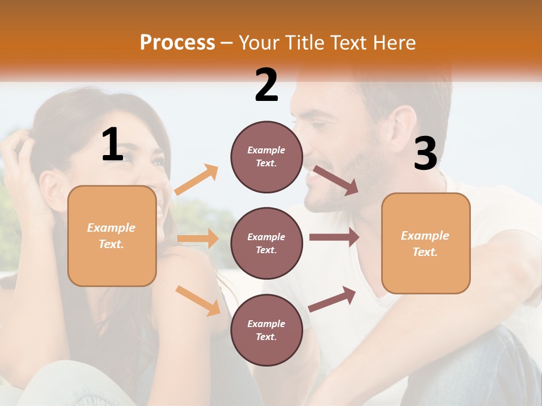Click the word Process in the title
click(x=177, y=43)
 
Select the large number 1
click(x=112, y=145)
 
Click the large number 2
click(x=266, y=86)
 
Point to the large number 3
click(x=426, y=155)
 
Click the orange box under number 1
click(x=112, y=236)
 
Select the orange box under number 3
click(x=426, y=243)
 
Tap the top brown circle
click(x=266, y=157)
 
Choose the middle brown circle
click(x=266, y=243)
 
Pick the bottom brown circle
click(x=266, y=330)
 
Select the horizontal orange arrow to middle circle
click(x=198, y=239)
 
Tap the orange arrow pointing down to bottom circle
click(x=198, y=301)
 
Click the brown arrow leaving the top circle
click(x=336, y=180)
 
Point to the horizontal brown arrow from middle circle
click(x=334, y=237)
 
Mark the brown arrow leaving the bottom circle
click(x=332, y=299)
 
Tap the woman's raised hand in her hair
click(x=20, y=164)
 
